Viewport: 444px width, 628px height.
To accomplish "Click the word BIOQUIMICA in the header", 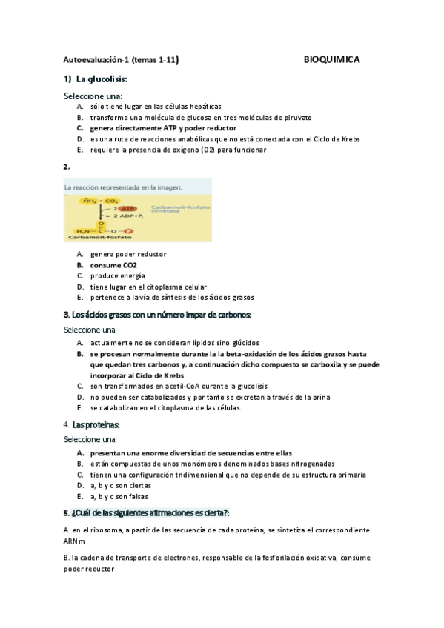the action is click(x=332, y=60).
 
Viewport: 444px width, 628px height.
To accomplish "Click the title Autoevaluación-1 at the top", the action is click(x=94, y=61).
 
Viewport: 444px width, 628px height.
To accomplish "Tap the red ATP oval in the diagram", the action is click(x=128, y=209).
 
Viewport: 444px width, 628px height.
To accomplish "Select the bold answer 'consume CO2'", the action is click(x=113, y=264).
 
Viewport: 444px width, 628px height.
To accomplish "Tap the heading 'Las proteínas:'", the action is click(x=96, y=424).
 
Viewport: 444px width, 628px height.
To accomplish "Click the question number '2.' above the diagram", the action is click(x=67, y=167).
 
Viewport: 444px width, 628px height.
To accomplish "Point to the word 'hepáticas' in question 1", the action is click(x=203, y=107).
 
